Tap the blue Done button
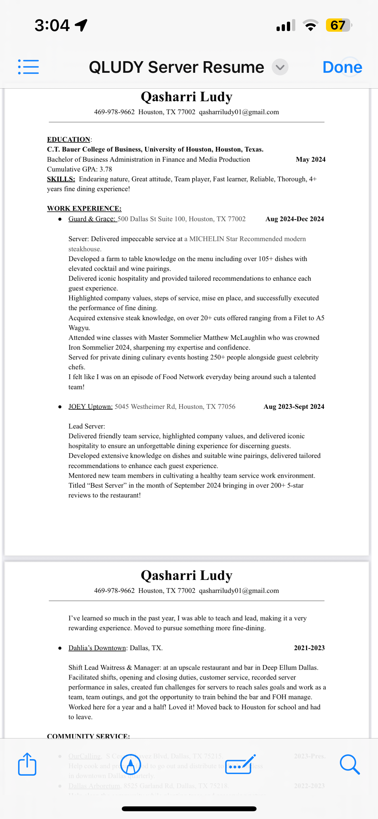tap(342, 67)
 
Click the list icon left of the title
tap(28, 67)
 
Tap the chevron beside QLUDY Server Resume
tap(280, 67)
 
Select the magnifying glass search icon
tap(350, 765)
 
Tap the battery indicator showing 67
tap(338, 25)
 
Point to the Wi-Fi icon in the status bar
tap(310, 25)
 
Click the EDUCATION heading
tap(68, 139)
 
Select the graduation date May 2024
tap(310, 159)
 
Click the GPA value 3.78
tap(106, 169)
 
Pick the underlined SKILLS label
tap(61, 179)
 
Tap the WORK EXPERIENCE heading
tap(84, 209)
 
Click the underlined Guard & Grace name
tap(92, 219)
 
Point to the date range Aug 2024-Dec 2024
tap(295, 219)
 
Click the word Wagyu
tap(79, 328)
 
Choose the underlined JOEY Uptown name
tap(90, 407)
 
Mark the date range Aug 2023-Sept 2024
tap(294, 407)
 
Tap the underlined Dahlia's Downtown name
tap(97, 648)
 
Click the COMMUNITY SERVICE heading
tap(88, 736)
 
